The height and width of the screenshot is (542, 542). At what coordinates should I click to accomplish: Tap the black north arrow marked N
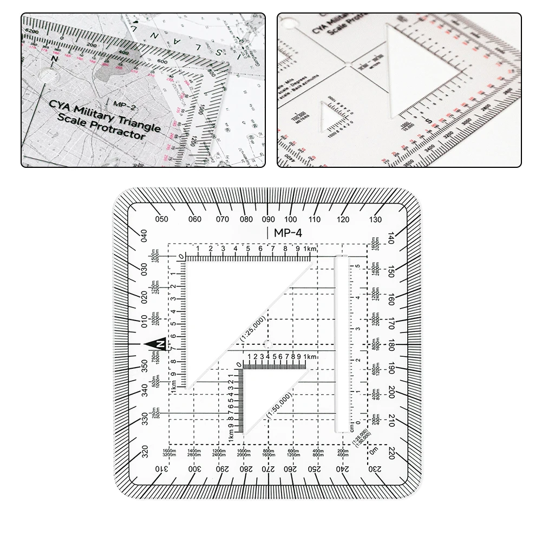point(156,345)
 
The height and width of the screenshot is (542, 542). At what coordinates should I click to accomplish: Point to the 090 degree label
point(268,219)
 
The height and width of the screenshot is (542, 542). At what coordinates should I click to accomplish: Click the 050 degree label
point(161,219)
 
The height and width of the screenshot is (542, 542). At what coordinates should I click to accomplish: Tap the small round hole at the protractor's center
point(267,344)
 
